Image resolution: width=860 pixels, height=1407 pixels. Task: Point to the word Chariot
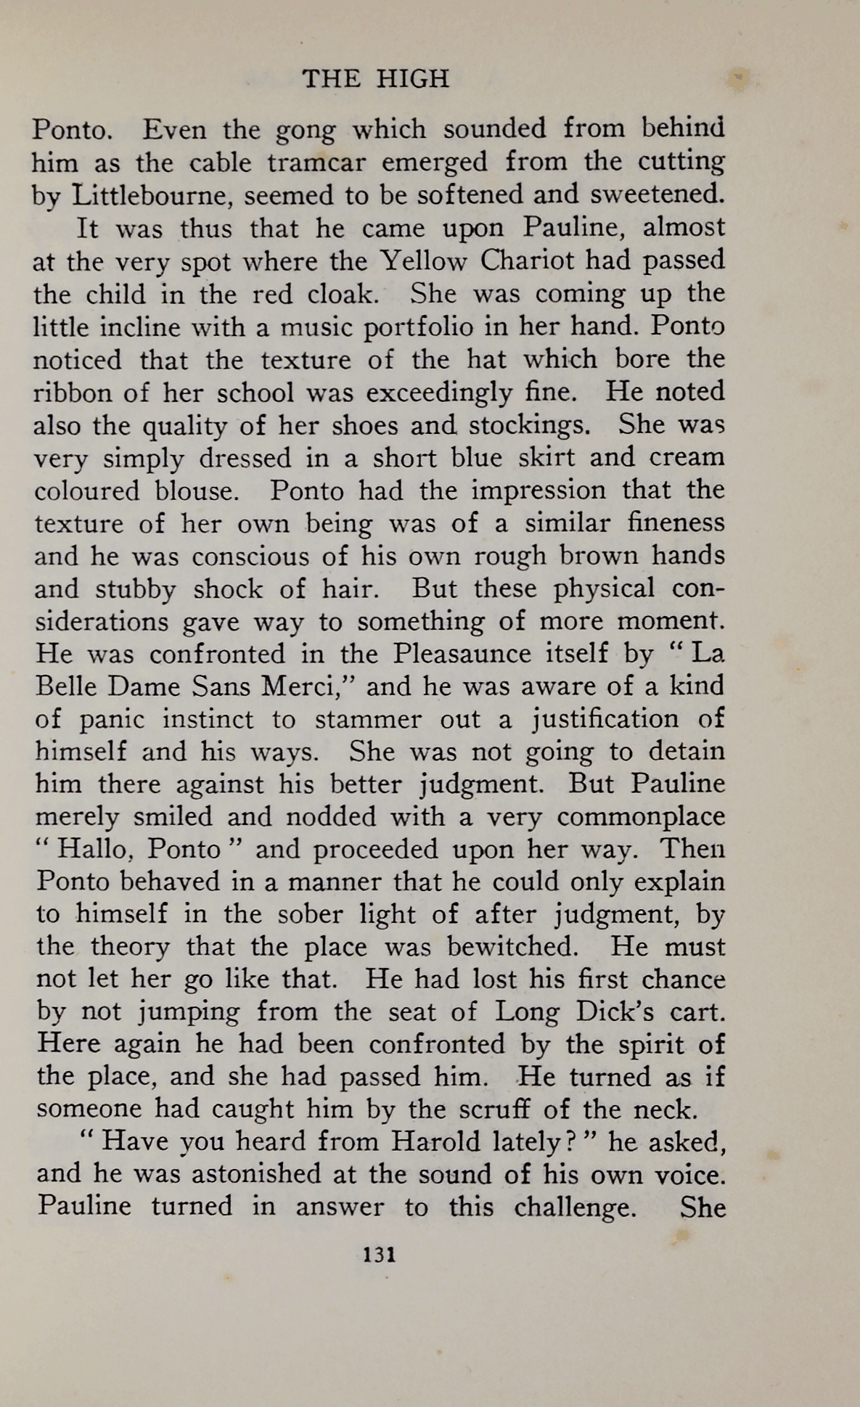tap(528, 261)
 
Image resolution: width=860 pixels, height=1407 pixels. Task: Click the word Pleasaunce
tap(462, 655)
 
